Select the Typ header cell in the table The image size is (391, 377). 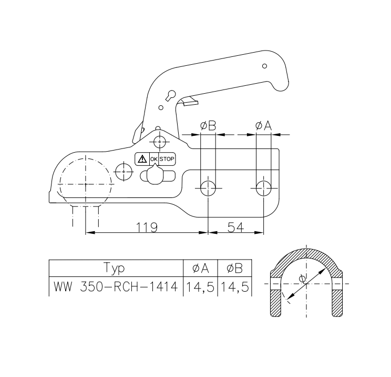click(x=115, y=268)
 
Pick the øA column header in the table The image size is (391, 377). click(x=200, y=268)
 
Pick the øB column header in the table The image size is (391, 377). click(x=234, y=268)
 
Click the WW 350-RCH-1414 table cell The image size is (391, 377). click(x=115, y=287)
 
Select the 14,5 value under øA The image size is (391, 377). click(x=200, y=287)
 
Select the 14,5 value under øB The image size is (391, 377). click(x=234, y=287)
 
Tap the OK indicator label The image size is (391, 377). click(x=154, y=158)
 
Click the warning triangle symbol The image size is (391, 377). click(x=142, y=158)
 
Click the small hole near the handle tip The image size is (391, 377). click(x=264, y=66)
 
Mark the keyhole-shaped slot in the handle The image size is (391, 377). click(x=170, y=95)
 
